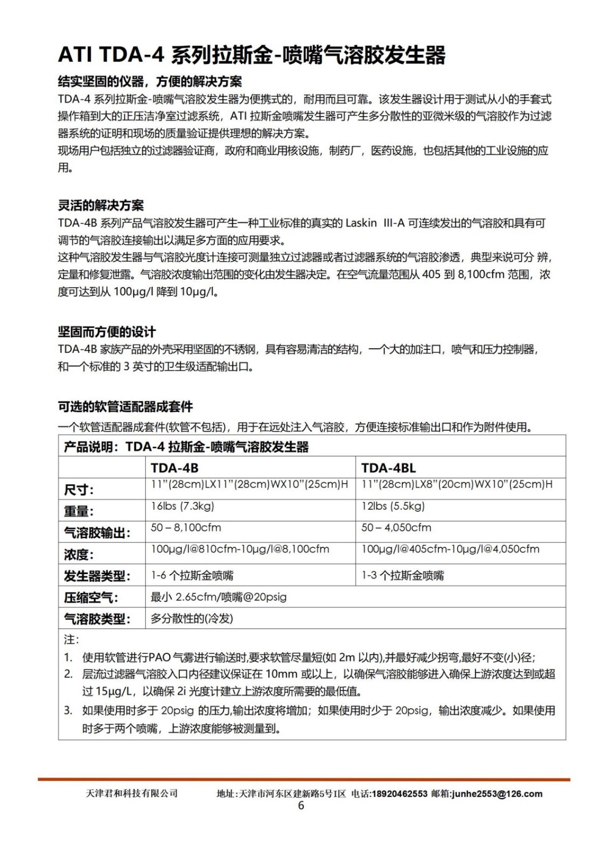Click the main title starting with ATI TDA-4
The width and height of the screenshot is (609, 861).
click(251, 55)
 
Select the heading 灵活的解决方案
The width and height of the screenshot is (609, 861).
click(101, 205)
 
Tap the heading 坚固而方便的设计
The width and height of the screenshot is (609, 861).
click(107, 331)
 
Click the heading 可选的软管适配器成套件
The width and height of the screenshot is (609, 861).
click(125, 407)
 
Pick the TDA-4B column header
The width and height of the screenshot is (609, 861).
click(174, 468)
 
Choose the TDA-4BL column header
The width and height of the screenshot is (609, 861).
click(388, 468)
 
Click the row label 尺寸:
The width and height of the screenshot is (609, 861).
click(79, 490)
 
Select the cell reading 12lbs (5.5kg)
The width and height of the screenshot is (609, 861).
click(393, 506)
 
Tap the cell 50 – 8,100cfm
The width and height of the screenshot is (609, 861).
click(186, 527)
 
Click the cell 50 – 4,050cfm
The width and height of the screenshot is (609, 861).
click(396, 527)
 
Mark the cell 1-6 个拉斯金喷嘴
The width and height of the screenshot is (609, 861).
click(192, 575)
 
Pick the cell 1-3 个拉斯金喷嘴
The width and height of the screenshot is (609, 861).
click(403, 575)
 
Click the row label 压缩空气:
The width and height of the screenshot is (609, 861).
click(91, 597)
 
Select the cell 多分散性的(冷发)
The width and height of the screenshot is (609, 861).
click(192, 618)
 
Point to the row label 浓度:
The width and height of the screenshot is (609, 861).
click(79, 554)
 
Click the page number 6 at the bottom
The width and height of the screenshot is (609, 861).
click(301, 805)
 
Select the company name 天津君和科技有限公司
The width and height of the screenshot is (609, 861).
click(131, 793)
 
